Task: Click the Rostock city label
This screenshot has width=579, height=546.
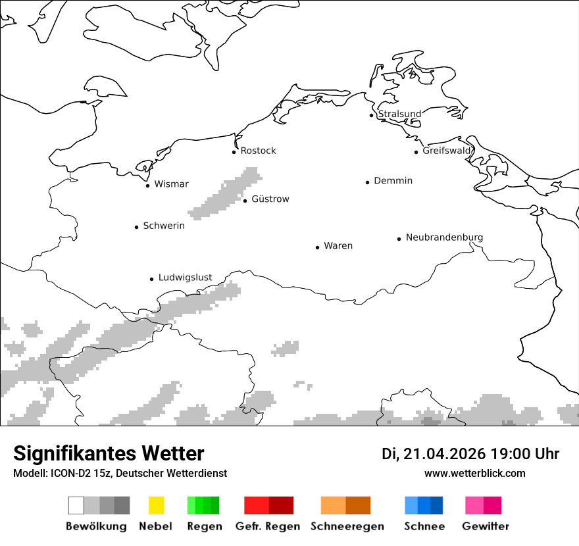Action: tap(258, 151)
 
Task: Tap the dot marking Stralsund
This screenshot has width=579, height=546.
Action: tap(372, 115)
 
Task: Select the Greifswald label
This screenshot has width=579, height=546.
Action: tap(447, 151)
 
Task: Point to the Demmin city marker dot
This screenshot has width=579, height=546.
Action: tap(368, 182)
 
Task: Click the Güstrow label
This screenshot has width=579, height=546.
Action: tap(270, 199)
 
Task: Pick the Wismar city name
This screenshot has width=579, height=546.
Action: tap(171, 184)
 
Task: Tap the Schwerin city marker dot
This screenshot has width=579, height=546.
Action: tap(137, 227)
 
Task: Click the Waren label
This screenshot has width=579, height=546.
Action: tap(338, 246)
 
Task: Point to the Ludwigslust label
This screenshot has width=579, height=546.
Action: tap(185, 278)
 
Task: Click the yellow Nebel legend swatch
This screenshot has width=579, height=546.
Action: tap(156, 505)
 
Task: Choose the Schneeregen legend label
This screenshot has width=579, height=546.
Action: tap(347, 526)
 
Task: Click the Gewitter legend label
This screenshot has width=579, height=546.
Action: tap(485, 526)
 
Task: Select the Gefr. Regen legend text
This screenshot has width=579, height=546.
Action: tap(267, 526)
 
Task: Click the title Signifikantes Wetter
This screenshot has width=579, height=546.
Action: tap(109, 453)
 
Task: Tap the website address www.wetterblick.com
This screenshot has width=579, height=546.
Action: tap(474, 473)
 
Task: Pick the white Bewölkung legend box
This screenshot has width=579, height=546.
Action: tap(76, 505)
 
